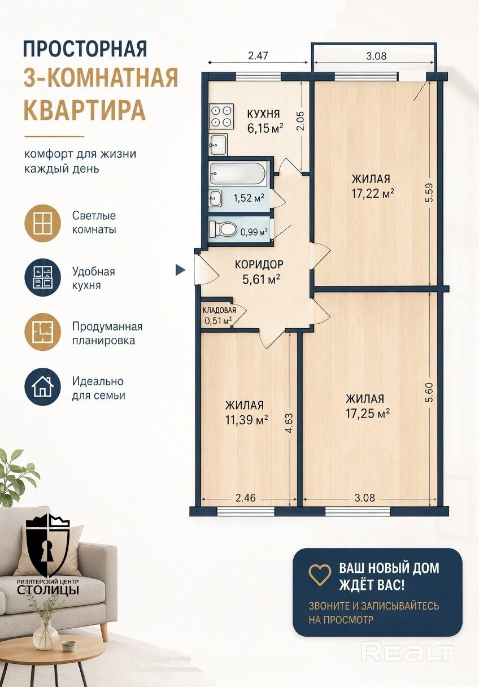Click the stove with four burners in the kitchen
click(x=221, y=116)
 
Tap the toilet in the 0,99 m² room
click(x=223, y=228)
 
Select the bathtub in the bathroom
click(x=237, y=173)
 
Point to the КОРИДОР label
click(x=259, y=264)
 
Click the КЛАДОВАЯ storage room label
click(x=219, y=310)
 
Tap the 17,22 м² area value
click(x=373, y=194)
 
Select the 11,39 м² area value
click(x=246, y=420)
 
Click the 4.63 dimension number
click(x=289, y=424)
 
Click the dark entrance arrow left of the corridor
click(x=180, y=270)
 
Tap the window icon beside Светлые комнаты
click(x=42, y=223)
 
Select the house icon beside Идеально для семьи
click(x=42, y=386)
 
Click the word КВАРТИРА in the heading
click(x=85, y=110)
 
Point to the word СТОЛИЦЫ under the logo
click(x=47, y=589)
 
